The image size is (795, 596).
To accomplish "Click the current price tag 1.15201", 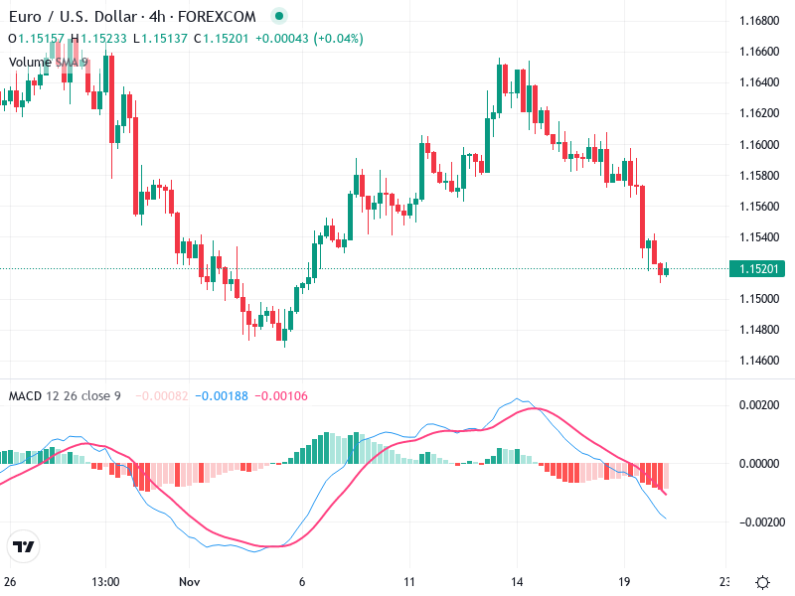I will (757, 268).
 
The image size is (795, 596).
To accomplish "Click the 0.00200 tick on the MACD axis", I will (757, 405).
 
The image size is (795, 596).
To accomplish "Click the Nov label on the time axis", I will (189, 582).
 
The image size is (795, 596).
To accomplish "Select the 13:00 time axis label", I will (105, 582).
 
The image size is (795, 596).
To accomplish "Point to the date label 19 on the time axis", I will (624, 582).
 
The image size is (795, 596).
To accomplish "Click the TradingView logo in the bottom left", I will (24, 547).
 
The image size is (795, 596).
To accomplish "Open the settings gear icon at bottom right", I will (762, 582).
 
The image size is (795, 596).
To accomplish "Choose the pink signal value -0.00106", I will (281, 396).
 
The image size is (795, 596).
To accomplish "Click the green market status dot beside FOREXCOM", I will (279, 17).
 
